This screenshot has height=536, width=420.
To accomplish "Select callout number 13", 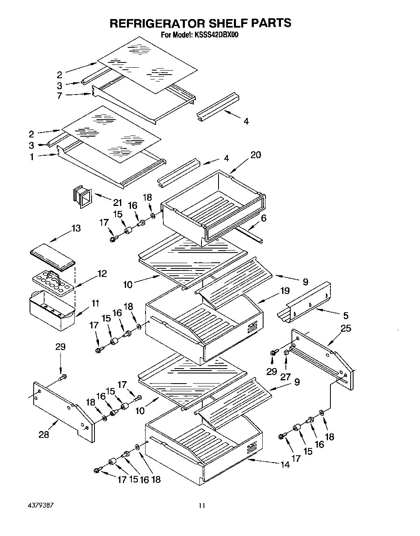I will pyautogui.click(x=76, y=228).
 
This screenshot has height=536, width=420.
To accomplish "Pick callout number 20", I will pyautogui.click(x=255, y=155).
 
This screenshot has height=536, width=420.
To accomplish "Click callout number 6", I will pyautogui.click(x=264, y=218).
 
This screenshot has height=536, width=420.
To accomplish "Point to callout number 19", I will pyautogui.click(x=285, y=290).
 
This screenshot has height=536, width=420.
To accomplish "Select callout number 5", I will pyautogui.click(x=345, y=315).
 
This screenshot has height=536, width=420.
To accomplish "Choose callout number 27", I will pyautogui.click(x=286, y=376).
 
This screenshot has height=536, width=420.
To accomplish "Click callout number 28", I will pyautogui.click(x=44, y=435).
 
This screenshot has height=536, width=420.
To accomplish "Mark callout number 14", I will pyautogui.click(x=285, y=465).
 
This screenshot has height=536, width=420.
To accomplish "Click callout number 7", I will pyautogui.click(x=59, y=96).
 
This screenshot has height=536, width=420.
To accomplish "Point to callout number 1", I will pyautogui.click(x=32, y=157).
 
